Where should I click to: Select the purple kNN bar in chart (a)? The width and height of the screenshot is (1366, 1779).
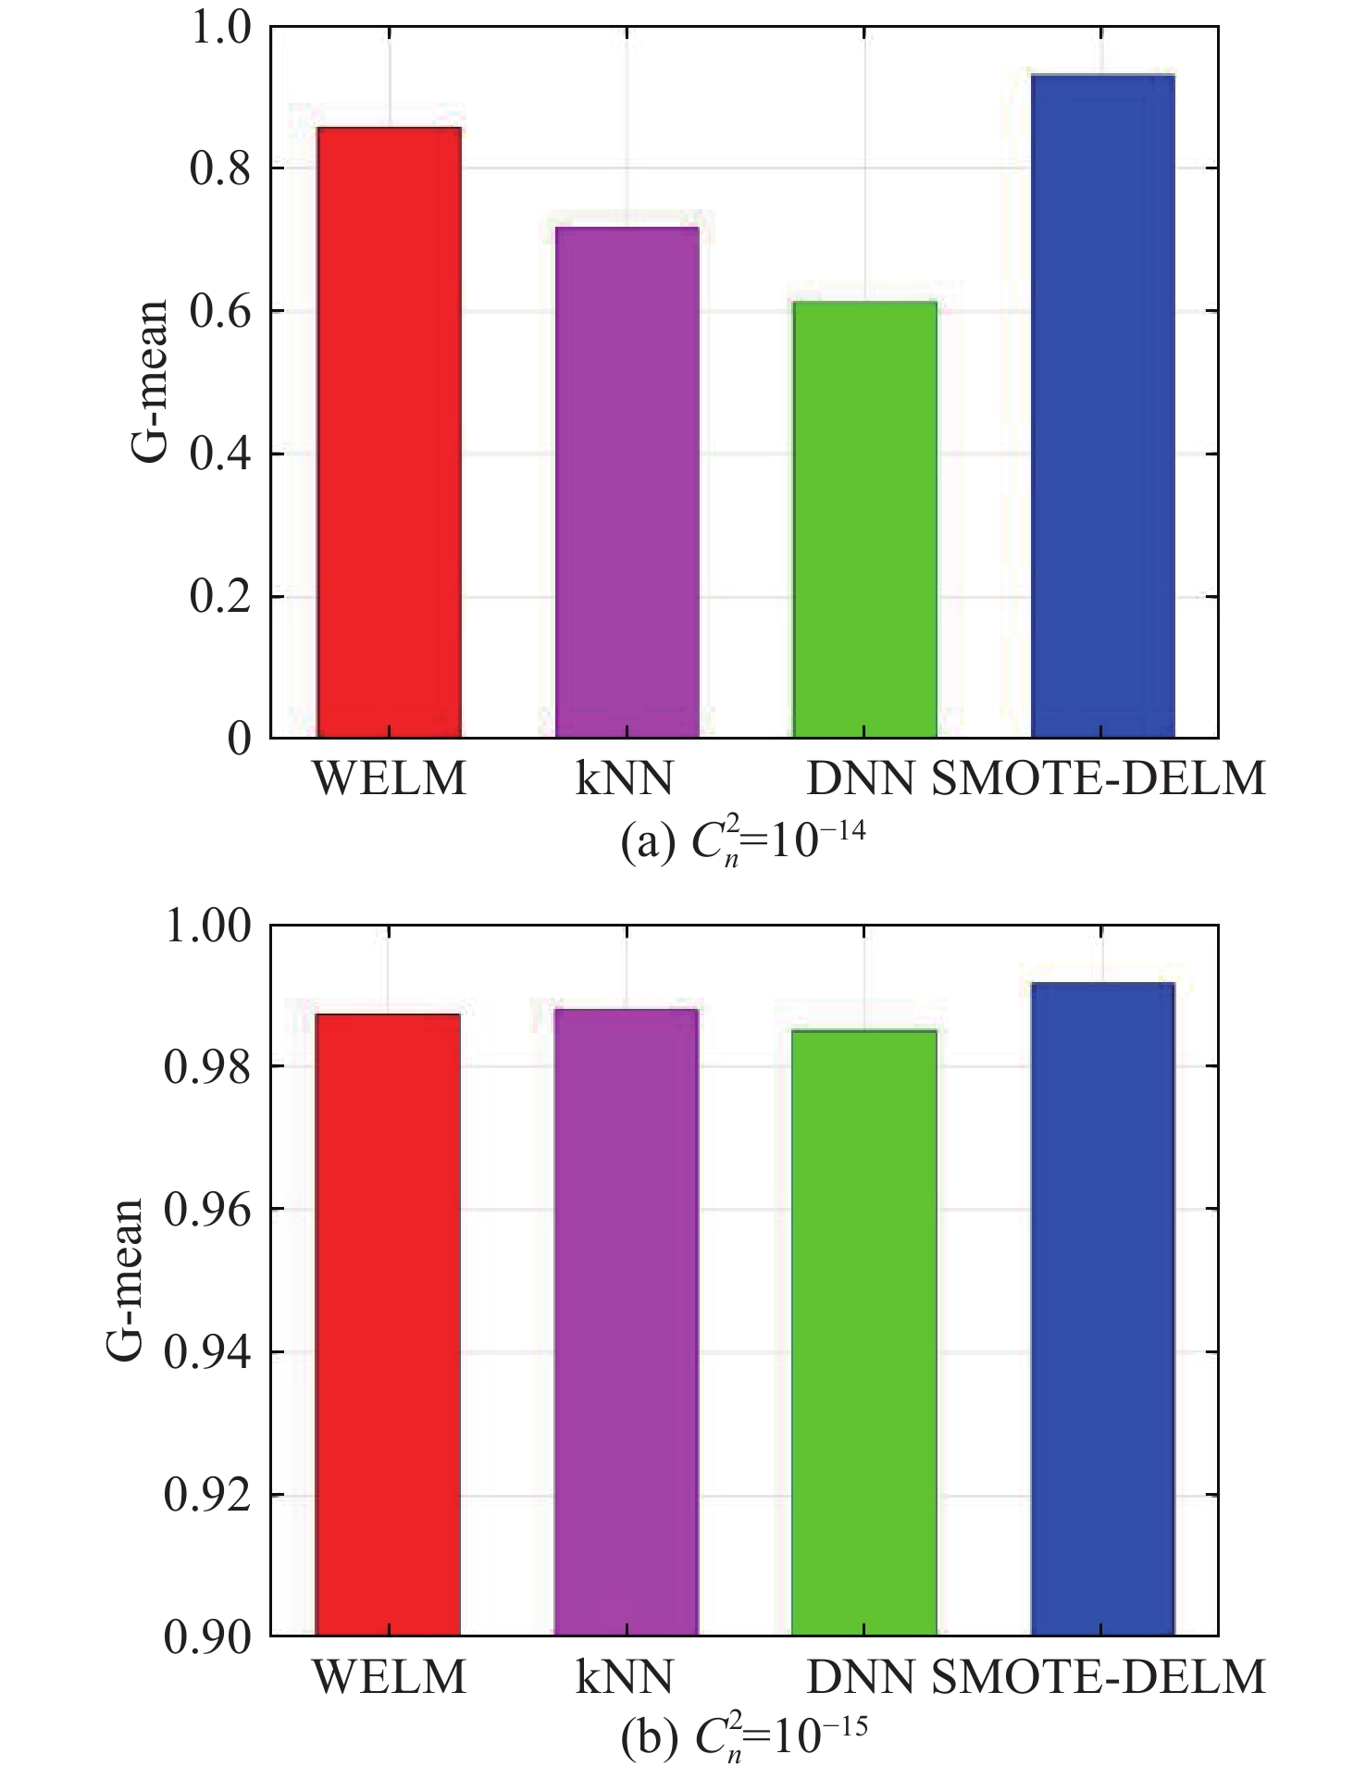coord(627,482)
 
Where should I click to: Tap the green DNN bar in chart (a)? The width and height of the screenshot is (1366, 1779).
coord(864,519)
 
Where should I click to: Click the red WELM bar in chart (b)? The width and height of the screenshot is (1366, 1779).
coord(388,1325)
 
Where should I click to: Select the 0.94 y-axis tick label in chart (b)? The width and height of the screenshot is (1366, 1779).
coord(207,1353)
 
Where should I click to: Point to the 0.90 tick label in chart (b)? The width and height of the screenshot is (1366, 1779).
coord(207,1637)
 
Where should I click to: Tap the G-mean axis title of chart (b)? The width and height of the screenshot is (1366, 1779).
coord(125,1279)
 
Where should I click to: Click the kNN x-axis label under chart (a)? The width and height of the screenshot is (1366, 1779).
coord(625,779)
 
